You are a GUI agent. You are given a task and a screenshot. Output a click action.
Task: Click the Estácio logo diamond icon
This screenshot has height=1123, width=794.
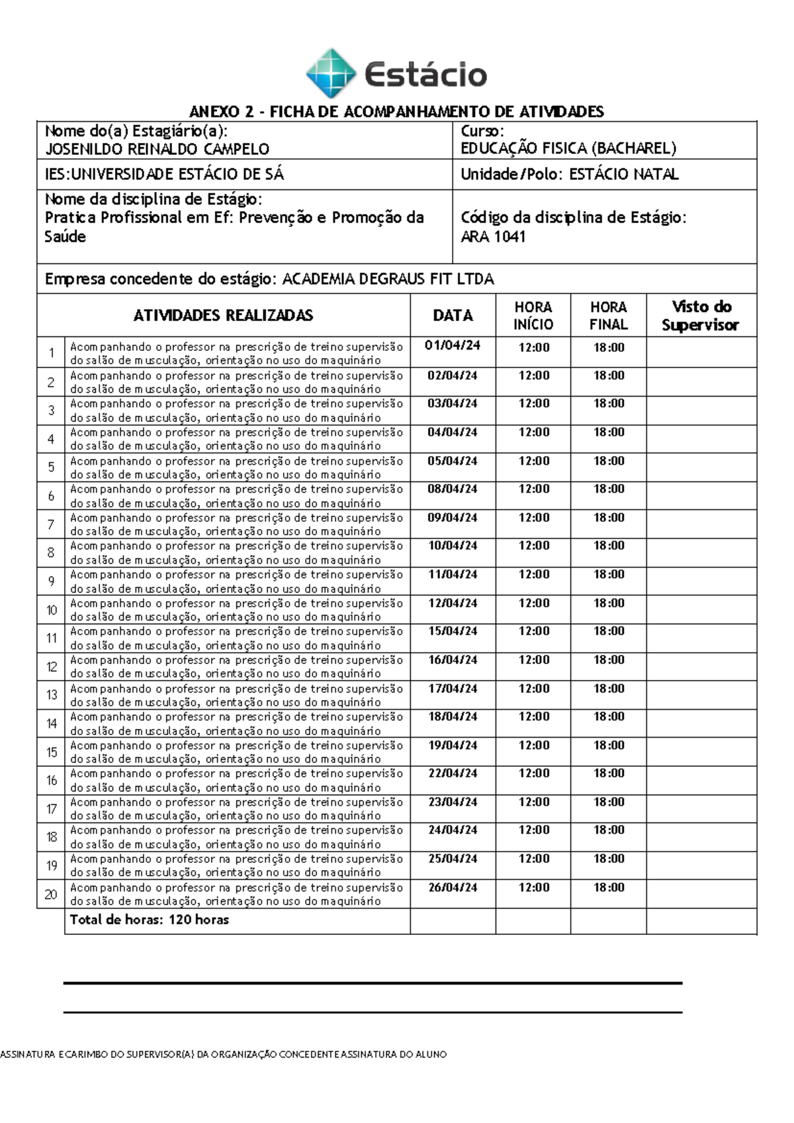tap(331, 73)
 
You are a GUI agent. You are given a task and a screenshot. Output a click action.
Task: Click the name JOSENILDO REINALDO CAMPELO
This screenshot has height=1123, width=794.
tap(157, 149)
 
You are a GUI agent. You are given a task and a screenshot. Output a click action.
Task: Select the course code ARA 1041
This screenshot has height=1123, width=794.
tap(493, 236)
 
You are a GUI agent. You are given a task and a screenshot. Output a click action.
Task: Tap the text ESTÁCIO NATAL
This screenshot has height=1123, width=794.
tap(623, 175)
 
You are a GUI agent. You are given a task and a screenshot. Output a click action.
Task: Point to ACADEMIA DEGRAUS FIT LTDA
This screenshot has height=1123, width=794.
tap(388, 279)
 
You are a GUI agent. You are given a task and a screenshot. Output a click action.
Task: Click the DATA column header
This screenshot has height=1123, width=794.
tap(453, 315)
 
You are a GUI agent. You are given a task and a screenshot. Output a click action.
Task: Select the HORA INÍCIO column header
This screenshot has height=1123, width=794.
tap(533, 315)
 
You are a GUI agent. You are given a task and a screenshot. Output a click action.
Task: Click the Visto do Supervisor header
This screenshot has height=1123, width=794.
tap(701, 315)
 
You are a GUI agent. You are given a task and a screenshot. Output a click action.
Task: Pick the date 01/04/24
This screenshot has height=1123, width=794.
tap(453, 346)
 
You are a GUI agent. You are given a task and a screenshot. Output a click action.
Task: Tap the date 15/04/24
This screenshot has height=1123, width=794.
tap(453, 631)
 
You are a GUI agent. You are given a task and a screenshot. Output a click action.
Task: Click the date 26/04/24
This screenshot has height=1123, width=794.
tap(453, 887)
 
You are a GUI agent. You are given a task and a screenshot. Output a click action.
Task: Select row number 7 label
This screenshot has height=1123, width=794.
tap(51, 524)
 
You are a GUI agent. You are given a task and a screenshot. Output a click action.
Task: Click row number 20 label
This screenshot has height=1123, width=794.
tap(51, 895)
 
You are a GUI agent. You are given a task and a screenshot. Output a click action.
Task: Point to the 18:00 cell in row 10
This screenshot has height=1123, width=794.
tap(609, 603)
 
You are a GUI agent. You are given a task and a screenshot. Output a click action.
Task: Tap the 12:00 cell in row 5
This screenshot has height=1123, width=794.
tap(533, 461)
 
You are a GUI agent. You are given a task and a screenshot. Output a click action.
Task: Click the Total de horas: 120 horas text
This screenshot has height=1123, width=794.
tap(150, 920)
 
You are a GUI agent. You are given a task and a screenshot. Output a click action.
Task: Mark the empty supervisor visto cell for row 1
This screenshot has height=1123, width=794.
tap(701, 353)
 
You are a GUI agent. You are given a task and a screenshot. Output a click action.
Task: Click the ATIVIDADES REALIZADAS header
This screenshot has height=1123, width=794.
tap(223, 315)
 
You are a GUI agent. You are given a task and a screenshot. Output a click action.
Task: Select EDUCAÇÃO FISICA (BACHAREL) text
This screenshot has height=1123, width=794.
tap(568, 149)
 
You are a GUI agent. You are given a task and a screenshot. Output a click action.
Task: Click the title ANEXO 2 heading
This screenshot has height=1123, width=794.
tap(396, 111)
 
